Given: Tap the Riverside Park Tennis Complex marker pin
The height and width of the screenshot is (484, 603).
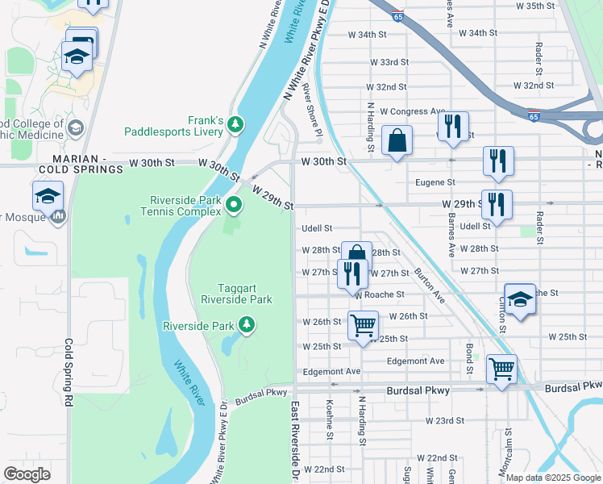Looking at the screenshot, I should coord(235,205).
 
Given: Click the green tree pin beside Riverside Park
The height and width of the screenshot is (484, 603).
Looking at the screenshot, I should coord(246,326).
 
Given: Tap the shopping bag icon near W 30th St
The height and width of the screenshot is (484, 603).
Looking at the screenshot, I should coord(397,141).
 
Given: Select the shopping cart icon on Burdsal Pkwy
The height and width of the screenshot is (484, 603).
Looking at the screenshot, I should coord(502,369).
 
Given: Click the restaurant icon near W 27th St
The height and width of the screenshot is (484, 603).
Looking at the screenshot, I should coord(350,273).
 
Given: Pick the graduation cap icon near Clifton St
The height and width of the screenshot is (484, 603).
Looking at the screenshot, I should coord(520,298).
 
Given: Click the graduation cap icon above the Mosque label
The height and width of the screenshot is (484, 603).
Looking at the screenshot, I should coord(48,196).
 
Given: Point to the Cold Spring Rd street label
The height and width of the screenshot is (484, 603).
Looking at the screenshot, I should coord(69,372).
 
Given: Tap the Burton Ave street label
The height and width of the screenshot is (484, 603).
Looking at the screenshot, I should coord(430,286).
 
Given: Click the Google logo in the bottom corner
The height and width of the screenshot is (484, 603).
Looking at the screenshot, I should coord(27,474).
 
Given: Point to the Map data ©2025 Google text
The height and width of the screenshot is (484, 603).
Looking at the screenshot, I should coord(552,478).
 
